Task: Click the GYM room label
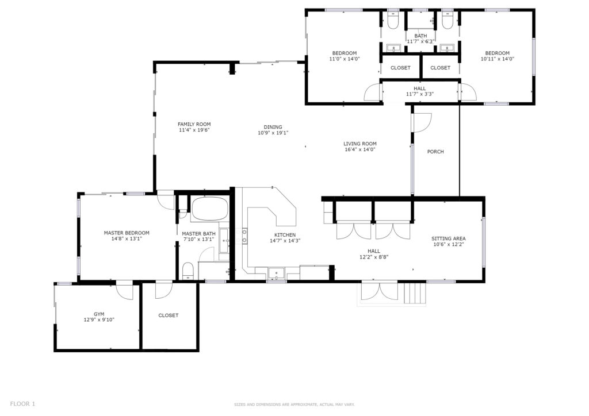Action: (x=99, y=314)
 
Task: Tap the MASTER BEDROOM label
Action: (x=127, y=233)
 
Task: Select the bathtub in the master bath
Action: (x=209, y=209)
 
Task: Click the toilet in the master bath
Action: (x=188, y=271)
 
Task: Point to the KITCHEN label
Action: (x=285, y=235)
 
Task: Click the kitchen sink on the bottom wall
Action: (x=277, y=273)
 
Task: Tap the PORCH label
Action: (x=435, y=152)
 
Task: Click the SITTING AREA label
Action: (x=448, y=238)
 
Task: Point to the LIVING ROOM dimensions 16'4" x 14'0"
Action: (x=360, y=149)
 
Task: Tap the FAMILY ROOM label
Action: (x=194, y=124)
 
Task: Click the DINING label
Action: (x=273, y=127)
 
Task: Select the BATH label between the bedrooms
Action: (x=420, y=36)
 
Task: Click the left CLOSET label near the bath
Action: (x=400, y=68)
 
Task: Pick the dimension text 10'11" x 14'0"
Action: (x=498, y=59)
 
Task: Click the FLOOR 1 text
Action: (x=22, y=404)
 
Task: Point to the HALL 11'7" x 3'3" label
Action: (x=419, y=91)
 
